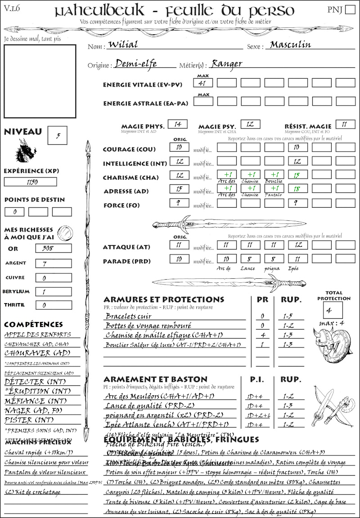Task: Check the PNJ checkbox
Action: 349,10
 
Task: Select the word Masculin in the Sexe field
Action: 291,45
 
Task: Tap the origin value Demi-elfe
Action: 136,64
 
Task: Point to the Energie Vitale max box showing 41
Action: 203,83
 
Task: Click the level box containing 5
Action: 58,136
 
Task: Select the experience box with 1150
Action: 31,182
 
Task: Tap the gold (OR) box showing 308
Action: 53,248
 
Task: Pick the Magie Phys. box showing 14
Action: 177,124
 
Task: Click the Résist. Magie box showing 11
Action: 345,124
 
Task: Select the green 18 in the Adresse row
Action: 297,190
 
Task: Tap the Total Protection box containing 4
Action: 333,310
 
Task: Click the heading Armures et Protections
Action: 163,299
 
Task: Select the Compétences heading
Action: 33,324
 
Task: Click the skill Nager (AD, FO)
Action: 34,411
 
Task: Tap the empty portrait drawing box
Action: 40,81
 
